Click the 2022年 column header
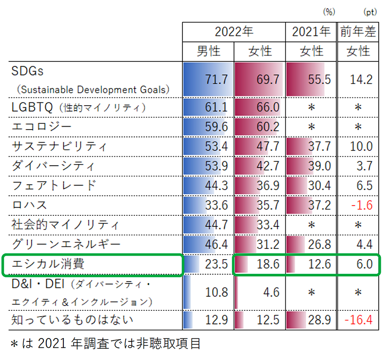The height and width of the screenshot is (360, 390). (234, 32)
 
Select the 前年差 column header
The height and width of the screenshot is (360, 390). (358, 32)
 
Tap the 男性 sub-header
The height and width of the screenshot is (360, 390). (208, 51)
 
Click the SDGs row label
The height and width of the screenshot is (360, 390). (27, 71)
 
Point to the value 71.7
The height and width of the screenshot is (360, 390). (216, 79)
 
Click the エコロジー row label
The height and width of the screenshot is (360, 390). (41, 127)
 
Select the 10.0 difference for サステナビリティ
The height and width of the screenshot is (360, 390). (361, 146)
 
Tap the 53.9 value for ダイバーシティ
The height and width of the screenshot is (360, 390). (216, 166)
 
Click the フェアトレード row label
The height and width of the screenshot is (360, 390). (54, 185)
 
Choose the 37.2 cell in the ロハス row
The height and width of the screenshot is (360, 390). (319, 205)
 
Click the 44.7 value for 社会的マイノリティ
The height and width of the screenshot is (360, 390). (216, 224)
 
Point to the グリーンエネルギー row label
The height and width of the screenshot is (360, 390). (66, 244)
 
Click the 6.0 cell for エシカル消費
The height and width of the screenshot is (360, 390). (364, 265)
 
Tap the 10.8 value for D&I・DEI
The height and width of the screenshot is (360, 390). (216, 293)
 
